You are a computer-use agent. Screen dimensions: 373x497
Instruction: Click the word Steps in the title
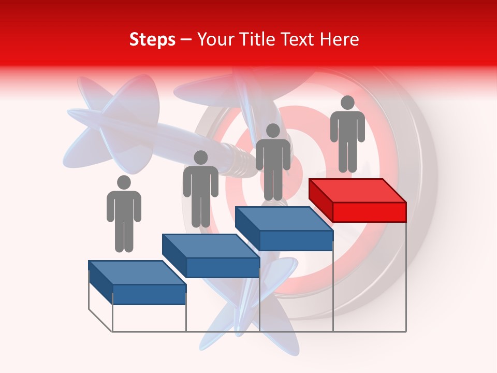click(152, 39)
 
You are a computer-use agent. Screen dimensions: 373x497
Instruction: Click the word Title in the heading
click(256, 39)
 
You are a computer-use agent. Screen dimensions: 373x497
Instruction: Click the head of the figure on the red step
click(347, 103)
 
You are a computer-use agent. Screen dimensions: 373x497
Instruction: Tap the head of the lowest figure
click(124, 182)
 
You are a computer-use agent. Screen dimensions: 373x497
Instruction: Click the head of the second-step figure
click(200, 157)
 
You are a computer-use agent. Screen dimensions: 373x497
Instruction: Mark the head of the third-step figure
click(273, 131)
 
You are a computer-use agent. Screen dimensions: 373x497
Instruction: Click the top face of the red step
click(357, 191)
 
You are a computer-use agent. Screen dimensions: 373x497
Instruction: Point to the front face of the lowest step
click(149, 294)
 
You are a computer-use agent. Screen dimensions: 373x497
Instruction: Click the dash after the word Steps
click(186, 40)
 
